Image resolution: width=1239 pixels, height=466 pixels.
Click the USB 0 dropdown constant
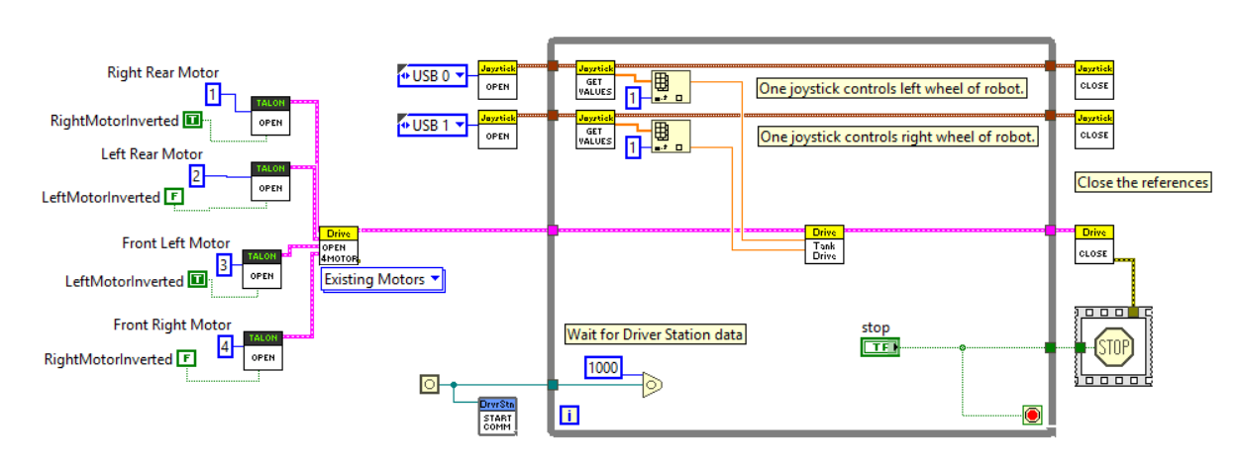[432, 75]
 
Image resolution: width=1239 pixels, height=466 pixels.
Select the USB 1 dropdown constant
[432, 126]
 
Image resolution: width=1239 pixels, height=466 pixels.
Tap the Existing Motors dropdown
[382, 280]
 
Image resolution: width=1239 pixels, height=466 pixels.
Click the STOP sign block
[1113, 347]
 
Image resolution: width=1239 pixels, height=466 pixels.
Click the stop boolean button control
[879, 347]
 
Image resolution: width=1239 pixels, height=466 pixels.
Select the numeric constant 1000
[604, 368]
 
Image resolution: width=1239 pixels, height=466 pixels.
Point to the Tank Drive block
[824, 244]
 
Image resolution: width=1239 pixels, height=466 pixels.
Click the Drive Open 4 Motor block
[339, 245]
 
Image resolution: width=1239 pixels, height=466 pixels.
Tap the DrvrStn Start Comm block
[496, 417]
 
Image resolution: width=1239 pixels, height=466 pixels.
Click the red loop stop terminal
[1032, 416]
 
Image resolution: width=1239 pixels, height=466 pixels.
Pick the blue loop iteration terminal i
[569, 416]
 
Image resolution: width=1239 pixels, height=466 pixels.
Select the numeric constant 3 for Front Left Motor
[224, 265]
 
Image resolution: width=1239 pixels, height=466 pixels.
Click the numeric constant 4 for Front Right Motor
[226, 346]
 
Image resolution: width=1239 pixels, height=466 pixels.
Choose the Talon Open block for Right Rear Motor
[269, 117]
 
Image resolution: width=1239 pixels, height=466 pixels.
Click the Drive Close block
[1093, 244]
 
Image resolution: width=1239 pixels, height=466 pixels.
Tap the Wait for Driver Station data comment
[655, 334]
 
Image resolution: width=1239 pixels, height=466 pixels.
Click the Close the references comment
[1143, 182]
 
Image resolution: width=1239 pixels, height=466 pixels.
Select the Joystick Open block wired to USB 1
[496, 129]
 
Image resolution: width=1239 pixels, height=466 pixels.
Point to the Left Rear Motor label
[152, 154]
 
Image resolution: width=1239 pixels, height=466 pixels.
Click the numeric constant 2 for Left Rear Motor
[197, 176]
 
